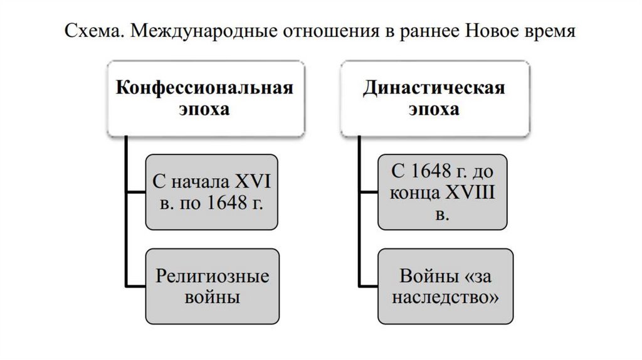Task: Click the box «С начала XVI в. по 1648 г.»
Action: pyautogui.click(x=211, y=192)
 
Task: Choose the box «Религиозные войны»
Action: pyautogui.click(x=211, y=286)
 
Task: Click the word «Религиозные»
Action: pyautogui.click(x=213, y=275)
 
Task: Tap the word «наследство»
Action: pyautogui.click(x=443, y=297)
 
